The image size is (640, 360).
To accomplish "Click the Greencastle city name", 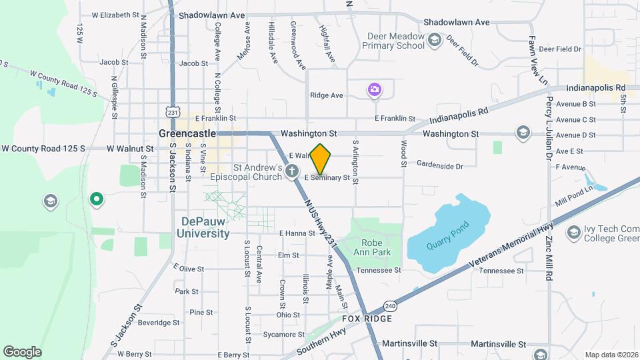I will (187, 133).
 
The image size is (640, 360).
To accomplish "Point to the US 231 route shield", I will (173, 113).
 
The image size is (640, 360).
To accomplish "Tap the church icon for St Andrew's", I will (291, 172).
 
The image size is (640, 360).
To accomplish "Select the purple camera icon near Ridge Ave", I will (375, 89).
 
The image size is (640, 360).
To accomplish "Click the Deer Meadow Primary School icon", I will (435, 41).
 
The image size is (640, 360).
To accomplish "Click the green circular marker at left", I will (97, 198).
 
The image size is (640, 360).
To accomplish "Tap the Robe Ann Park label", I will (376, 248).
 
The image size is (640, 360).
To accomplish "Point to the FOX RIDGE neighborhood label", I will (367, 319).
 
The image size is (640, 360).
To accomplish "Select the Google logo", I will (22, 351).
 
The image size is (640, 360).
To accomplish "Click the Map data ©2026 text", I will (610, 355).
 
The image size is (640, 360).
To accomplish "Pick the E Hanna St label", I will (297, 233).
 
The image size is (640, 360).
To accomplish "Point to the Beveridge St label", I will (159, 323).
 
